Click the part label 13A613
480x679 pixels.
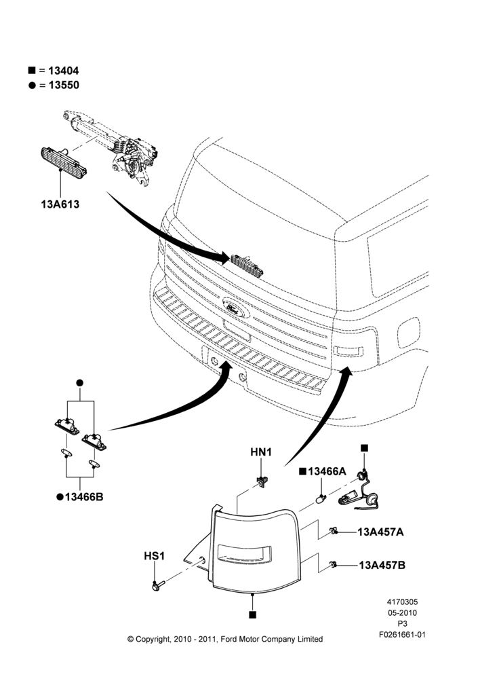pos(60,204)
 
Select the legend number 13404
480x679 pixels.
pos(64,71)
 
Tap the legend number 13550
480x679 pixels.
pos(64,85)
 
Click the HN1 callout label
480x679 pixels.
pos(261,452)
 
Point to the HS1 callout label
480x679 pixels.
pos(155,555)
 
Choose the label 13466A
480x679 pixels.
pos(327,471)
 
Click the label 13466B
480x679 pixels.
pos(84,497)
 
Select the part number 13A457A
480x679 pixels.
pos(380,532)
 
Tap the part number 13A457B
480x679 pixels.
pos(382,565)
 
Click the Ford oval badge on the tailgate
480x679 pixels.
pos(236,307)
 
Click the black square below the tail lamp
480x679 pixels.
pos(252,614)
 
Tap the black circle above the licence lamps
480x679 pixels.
pos(79,383)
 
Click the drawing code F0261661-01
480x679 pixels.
pos(402,634)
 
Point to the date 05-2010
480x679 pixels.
pos(402,612)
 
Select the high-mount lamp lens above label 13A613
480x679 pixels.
pos(63,162)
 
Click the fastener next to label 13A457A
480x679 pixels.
pos(333,530)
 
